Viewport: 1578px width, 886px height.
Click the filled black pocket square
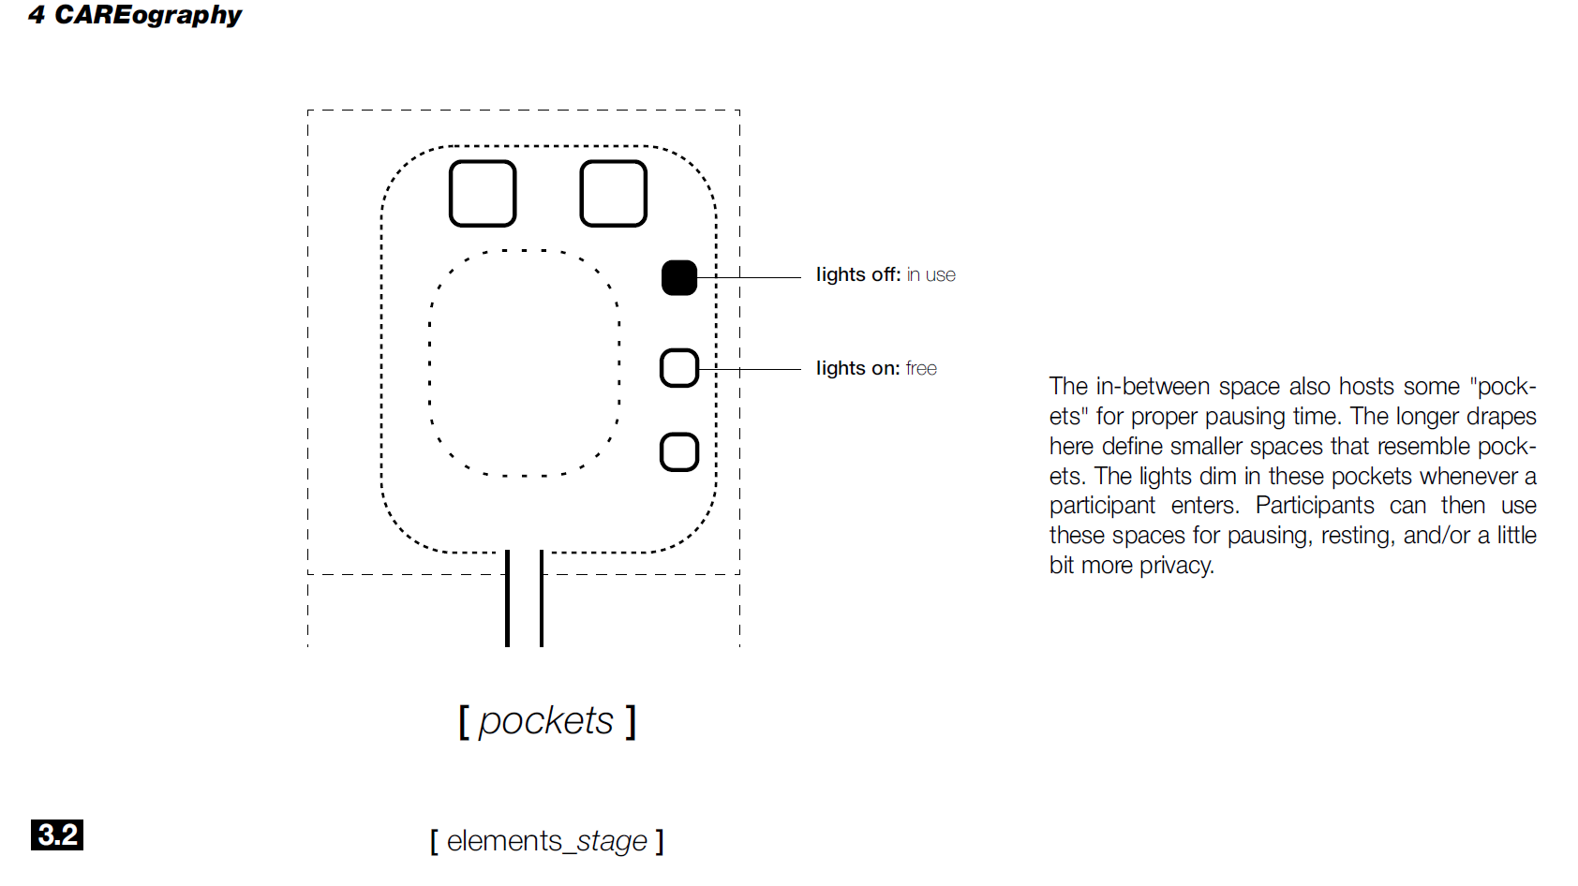[679, 277]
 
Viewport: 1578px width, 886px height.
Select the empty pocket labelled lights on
[679, 368]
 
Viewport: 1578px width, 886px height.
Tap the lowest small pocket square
[679, 452]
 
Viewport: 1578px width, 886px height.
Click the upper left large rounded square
[483, 194]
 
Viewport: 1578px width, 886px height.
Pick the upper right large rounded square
[614, 194]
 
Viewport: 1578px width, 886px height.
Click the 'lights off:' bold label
[857, 274]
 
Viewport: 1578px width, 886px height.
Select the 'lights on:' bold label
[857, 368]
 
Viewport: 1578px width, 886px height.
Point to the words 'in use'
[931, 275]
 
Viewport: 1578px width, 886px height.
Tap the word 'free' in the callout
[921, 369]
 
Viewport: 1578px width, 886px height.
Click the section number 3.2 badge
[57, 834]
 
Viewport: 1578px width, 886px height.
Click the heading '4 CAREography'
[135, 15]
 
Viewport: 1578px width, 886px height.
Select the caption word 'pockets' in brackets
[546, 721]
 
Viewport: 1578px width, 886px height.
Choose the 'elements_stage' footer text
[547, 841]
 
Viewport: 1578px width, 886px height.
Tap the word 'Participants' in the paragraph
[1314, 506]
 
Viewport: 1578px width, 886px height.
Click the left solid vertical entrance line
[507, 599]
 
